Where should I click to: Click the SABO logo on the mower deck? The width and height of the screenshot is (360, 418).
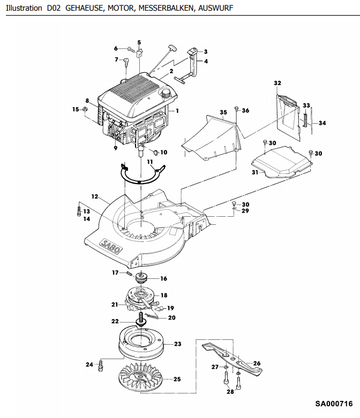click(x=110, y=246)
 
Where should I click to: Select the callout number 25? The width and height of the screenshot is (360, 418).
click(x=177, y=379)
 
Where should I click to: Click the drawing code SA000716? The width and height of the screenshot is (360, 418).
click(x=334, y=404)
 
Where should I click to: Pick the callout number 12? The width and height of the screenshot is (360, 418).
click(x=95, y=196)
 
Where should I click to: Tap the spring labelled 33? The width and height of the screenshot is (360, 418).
click(x=305, y=119)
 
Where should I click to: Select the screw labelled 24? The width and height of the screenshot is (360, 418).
click(x=101, y=364)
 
